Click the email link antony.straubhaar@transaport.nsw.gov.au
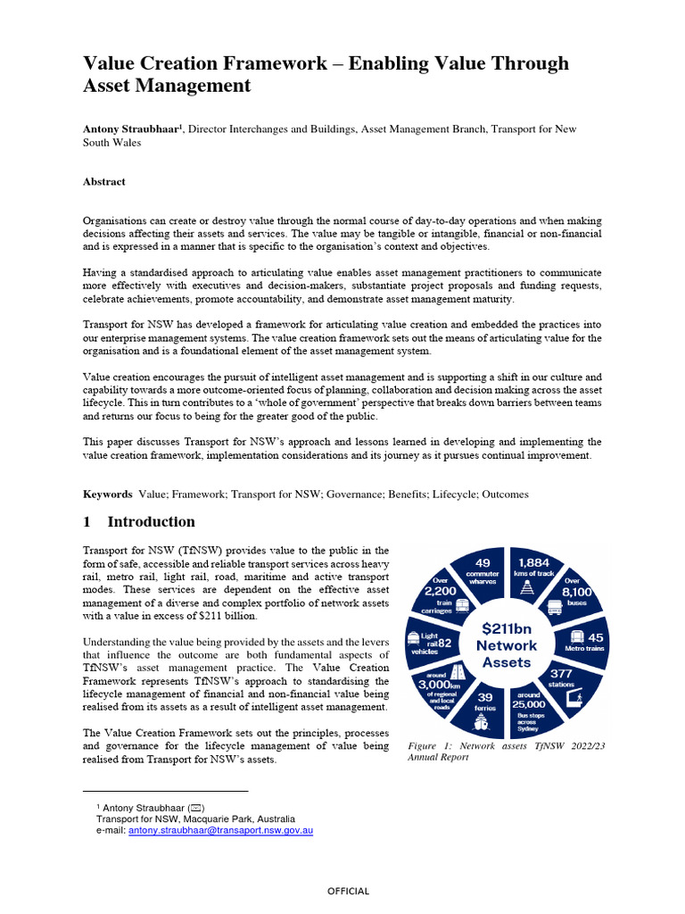220,830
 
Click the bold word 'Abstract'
104,181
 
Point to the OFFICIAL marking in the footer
348,891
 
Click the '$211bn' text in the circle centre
507,628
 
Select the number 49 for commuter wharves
483,563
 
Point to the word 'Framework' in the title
268,63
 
